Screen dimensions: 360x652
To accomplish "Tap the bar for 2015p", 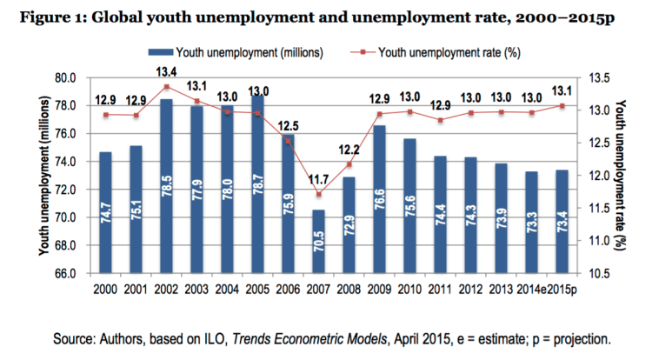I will [562, 222].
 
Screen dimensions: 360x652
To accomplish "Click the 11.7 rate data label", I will [319, 180].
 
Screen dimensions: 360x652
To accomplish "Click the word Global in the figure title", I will [123, 18].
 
